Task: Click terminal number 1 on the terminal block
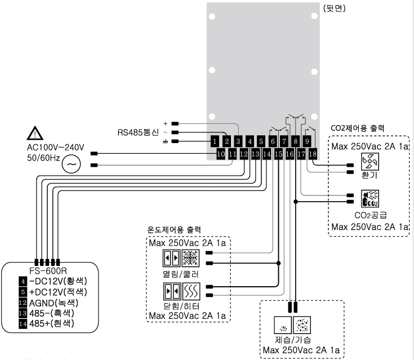tap(216, 140)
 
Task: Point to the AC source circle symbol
tap(72, 164)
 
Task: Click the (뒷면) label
tap(336, 8)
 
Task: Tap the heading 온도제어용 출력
tap(174, 230)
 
